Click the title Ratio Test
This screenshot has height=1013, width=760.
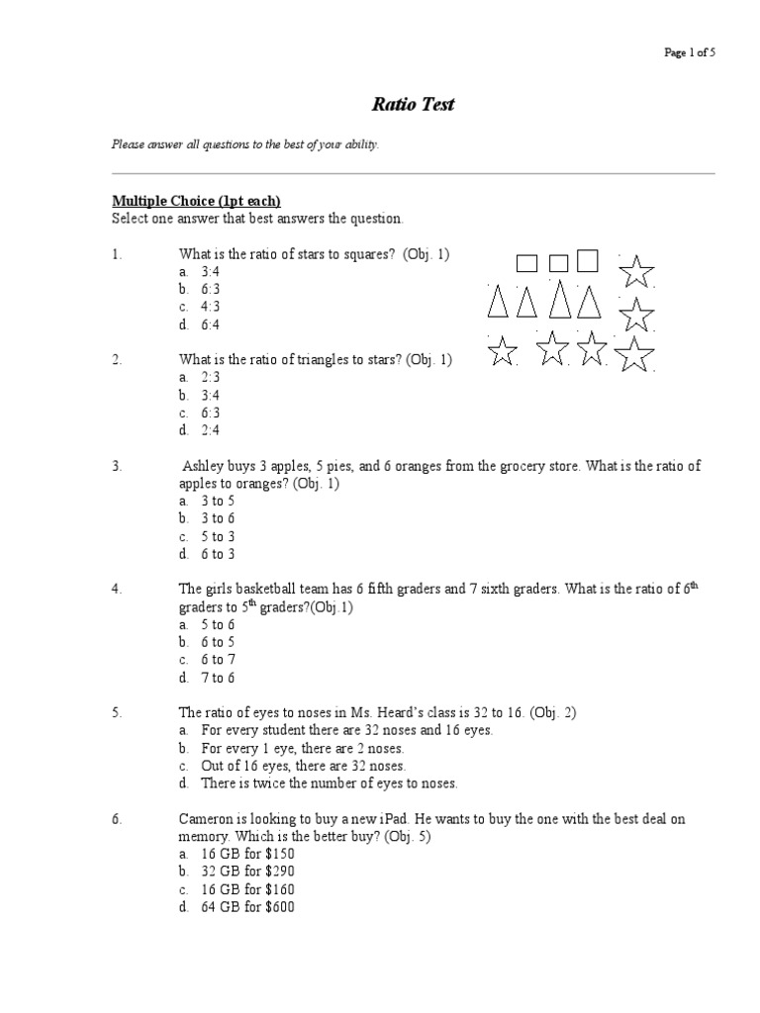pos(413,104)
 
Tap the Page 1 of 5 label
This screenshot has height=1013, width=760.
pos(690,52)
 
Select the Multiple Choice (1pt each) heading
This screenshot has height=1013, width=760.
pos(188,201)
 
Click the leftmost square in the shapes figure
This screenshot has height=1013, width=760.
pos(526,262)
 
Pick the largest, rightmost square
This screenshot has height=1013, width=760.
pos(588,260)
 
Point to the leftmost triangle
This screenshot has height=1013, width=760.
pos(499,302)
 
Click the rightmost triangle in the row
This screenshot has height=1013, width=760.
pos(590,302)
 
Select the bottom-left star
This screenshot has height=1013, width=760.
pos(504,350)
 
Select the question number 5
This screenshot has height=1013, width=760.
pos(116,711)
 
